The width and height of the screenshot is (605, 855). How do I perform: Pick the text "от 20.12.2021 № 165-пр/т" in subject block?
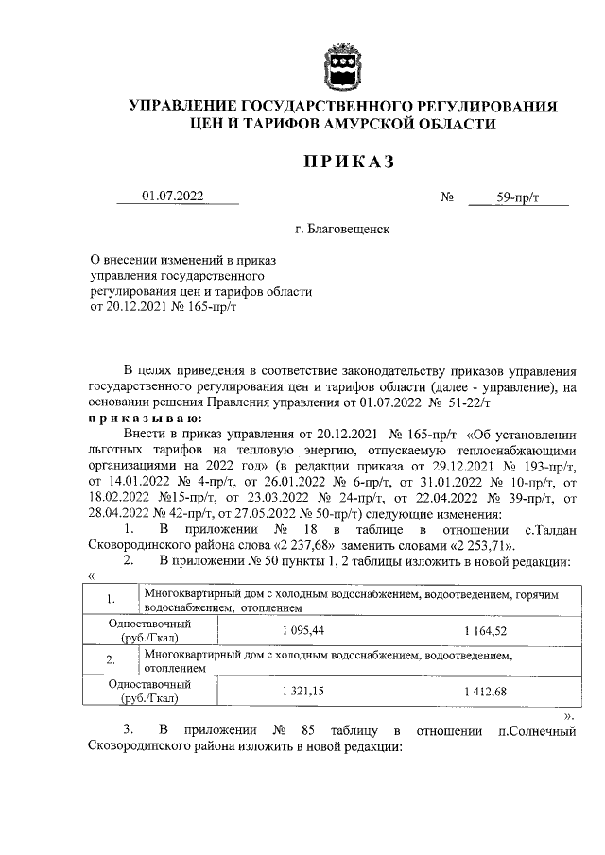pyautogui.click(x=162, y=306)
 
